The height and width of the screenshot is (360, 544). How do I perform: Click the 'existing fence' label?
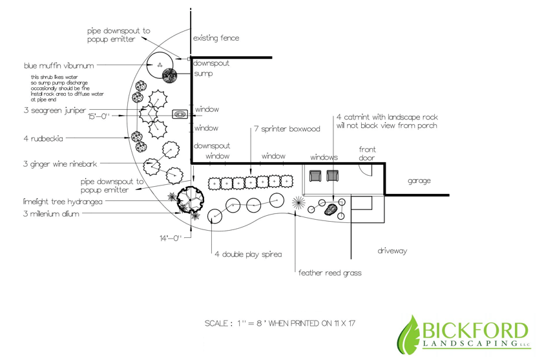tap(216, 39)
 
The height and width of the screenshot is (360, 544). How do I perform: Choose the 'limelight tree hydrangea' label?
tap(63, 202)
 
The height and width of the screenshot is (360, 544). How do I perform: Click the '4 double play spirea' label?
tap(248, 255)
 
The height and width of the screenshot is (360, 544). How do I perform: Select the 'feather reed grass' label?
tap(330, 273)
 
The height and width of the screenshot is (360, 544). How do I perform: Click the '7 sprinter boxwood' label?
tap(287, 129)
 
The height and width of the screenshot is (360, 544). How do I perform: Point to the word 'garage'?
tap(419, 182)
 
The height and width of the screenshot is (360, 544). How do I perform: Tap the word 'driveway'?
tap(393, 251)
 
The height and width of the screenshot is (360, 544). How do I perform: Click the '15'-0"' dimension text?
tap(99, 116)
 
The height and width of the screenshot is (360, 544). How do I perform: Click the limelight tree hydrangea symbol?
tap(191, 200)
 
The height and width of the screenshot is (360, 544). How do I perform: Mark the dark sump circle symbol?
tap(169, 76)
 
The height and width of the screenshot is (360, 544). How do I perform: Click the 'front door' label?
tap(367, 154)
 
